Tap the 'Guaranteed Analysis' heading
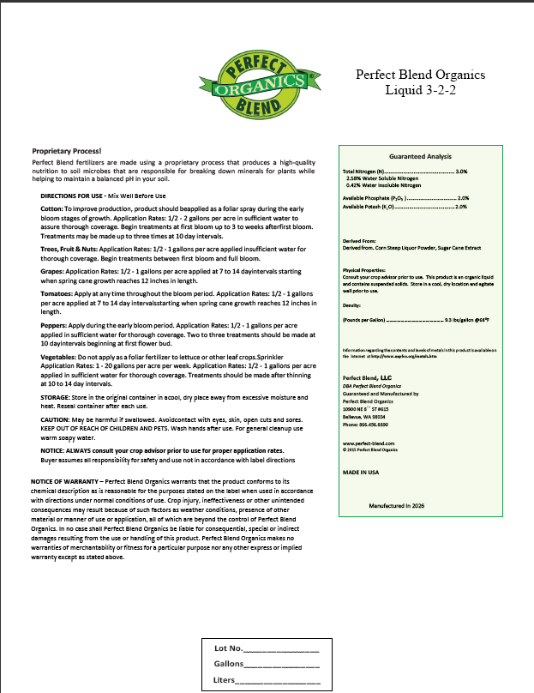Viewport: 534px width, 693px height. click(420, 157)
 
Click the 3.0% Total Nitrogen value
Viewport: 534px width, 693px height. click(461, 172)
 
